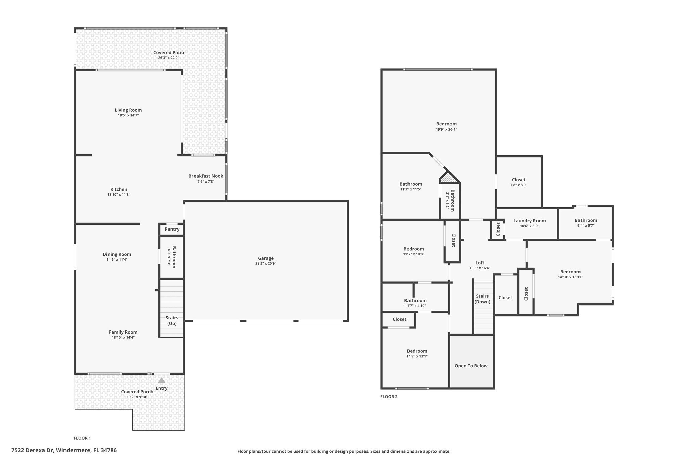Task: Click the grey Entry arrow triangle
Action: point(162,380)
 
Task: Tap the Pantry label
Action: point(172,229)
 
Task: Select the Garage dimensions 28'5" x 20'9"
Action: point(266,263)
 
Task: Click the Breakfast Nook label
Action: point(206,176)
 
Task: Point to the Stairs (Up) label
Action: point(172,321)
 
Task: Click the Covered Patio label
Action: point(169,53)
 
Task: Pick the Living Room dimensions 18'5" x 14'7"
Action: point(128,115)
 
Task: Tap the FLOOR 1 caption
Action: point(82,438)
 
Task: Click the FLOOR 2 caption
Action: point(389,397)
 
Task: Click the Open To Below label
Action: point(471,366)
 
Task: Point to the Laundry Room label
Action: point(529,221)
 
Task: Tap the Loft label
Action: point(480,263)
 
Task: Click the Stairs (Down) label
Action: point(482,299)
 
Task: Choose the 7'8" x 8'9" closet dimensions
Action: point(519,185)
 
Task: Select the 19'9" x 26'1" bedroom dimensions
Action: point(446,129)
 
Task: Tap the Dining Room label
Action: point(117,254)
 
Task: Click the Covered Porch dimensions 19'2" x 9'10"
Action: point(137,397)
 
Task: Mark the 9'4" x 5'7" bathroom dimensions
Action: point(586,226)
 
